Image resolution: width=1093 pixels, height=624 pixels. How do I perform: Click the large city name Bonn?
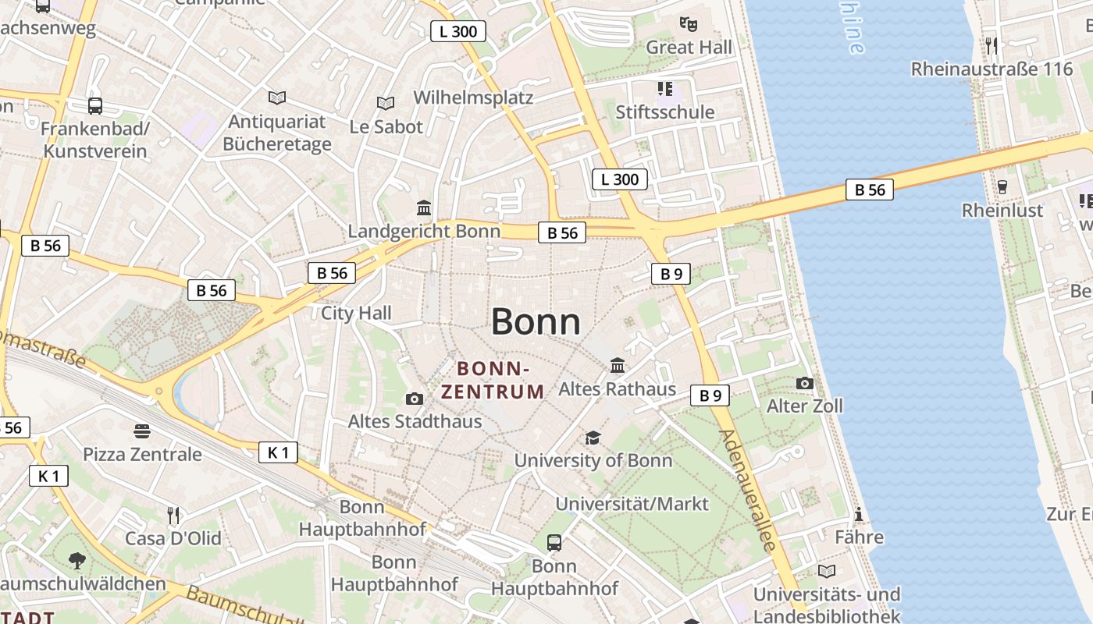point(536,322)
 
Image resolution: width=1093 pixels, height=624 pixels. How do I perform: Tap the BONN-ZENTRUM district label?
point(493,380)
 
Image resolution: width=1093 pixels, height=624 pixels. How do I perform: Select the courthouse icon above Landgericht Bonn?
point(424,207)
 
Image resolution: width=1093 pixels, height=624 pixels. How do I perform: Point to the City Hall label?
point(356,313)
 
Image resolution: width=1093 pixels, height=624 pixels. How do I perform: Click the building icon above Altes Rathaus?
point(618,365)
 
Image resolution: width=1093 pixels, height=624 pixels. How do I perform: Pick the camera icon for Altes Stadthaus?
point(415,399)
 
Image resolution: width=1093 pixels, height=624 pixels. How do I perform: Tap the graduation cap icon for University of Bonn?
point(593,438)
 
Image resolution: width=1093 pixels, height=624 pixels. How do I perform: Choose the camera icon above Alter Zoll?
point(804,383)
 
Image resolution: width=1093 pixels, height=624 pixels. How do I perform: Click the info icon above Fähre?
point(859,514)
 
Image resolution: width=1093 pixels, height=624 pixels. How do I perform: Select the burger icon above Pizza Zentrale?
point(141,431)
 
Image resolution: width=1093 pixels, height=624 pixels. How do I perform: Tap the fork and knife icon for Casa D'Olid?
point(173,515)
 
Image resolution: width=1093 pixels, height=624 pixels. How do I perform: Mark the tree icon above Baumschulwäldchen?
point(77,559)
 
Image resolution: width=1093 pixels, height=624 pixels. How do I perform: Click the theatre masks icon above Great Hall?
point(688,24)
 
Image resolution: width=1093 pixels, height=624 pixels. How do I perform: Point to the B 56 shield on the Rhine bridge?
point(869,190)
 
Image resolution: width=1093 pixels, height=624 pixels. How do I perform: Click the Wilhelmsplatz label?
point(473,97)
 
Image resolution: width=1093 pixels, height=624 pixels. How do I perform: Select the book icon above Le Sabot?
point(385,103)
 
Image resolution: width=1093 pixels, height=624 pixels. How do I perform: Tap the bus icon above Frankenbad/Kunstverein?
point(95,105)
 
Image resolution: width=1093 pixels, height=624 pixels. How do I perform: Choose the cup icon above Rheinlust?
point(1002,187)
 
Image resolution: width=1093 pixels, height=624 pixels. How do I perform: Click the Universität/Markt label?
point(632,504)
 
